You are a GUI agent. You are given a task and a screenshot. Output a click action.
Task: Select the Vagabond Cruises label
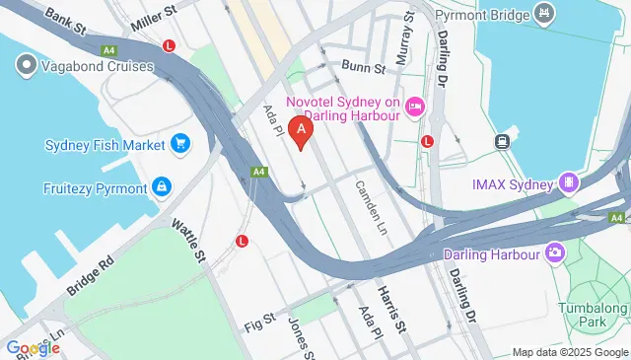97,66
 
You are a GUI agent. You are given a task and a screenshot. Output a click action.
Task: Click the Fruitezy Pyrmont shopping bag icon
161,187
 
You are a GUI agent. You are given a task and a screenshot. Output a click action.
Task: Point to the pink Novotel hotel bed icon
415,107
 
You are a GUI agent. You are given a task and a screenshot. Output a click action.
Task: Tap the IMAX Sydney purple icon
568,182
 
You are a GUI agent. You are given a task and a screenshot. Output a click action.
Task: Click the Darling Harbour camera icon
555,254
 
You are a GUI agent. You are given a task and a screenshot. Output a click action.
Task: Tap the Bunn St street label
362,65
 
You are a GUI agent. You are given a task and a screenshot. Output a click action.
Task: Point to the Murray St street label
402,41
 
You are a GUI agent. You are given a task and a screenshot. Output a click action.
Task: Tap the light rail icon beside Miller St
171,45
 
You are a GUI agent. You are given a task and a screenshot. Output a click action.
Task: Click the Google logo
33,347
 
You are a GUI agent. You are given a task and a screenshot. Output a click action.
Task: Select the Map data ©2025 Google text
569,352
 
